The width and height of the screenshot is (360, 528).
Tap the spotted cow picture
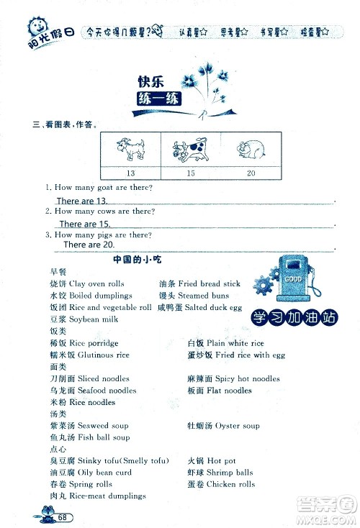(x=190, y=150)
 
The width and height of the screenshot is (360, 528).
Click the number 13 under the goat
(x=130, y=173)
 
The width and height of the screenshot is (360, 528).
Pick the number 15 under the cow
(x=190, y=173)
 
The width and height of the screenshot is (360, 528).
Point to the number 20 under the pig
(x=250, y=173)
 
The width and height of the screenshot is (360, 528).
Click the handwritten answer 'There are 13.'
(x=81, y=201)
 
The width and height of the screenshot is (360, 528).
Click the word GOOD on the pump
(x=292, y=278)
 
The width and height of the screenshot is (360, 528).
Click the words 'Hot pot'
(x=221, y=460)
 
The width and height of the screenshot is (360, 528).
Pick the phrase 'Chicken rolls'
(x=230, y=484)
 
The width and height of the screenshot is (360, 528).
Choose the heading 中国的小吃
(x=135, y=258)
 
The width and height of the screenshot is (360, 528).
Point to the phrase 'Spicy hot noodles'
(x=248, y=378)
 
